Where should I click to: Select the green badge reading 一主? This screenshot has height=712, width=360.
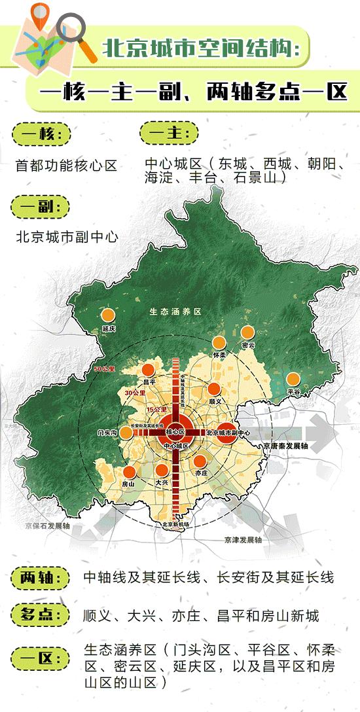click(x=169, y=133)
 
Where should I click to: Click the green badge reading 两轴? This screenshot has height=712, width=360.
click(x=40, y=578)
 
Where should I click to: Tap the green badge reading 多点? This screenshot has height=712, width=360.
click(x=40, y=615)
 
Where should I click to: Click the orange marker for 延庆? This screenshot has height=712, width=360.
click(x=108, y=315)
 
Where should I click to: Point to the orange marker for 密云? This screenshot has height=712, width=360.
click(x=247, y=332)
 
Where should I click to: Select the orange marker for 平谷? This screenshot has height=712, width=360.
click(x=293, y=379)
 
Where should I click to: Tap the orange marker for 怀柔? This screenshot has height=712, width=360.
click(x=219, y=343)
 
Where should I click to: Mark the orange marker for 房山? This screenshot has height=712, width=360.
click(x=129, y=472)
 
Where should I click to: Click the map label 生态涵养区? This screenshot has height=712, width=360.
click(x=173, y=311)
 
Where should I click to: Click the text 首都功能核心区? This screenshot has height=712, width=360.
click(x=66, y=166)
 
